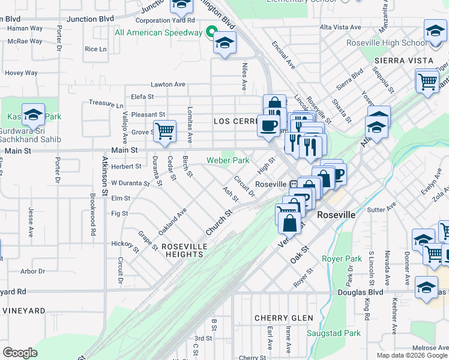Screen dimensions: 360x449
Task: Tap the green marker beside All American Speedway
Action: [x=211, y=32]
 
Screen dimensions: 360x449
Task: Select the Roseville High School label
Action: [x=387, y=43]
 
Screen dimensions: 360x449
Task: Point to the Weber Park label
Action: [x=228, y=160]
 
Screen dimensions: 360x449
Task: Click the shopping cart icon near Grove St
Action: [x=164, y=131]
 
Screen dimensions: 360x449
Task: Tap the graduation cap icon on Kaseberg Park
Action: [x=33, y=114]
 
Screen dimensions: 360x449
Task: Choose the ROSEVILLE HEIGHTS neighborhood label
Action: [x=184, y=250]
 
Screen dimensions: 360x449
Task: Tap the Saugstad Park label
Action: [x=334, y=333]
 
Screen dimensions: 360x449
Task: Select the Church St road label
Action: [x=218, y=222]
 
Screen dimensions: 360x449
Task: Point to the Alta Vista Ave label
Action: [x=340, y=28]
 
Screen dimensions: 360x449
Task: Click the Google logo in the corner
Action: [x=20, y=352]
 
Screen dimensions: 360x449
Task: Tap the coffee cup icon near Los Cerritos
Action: [x=269, y=125]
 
